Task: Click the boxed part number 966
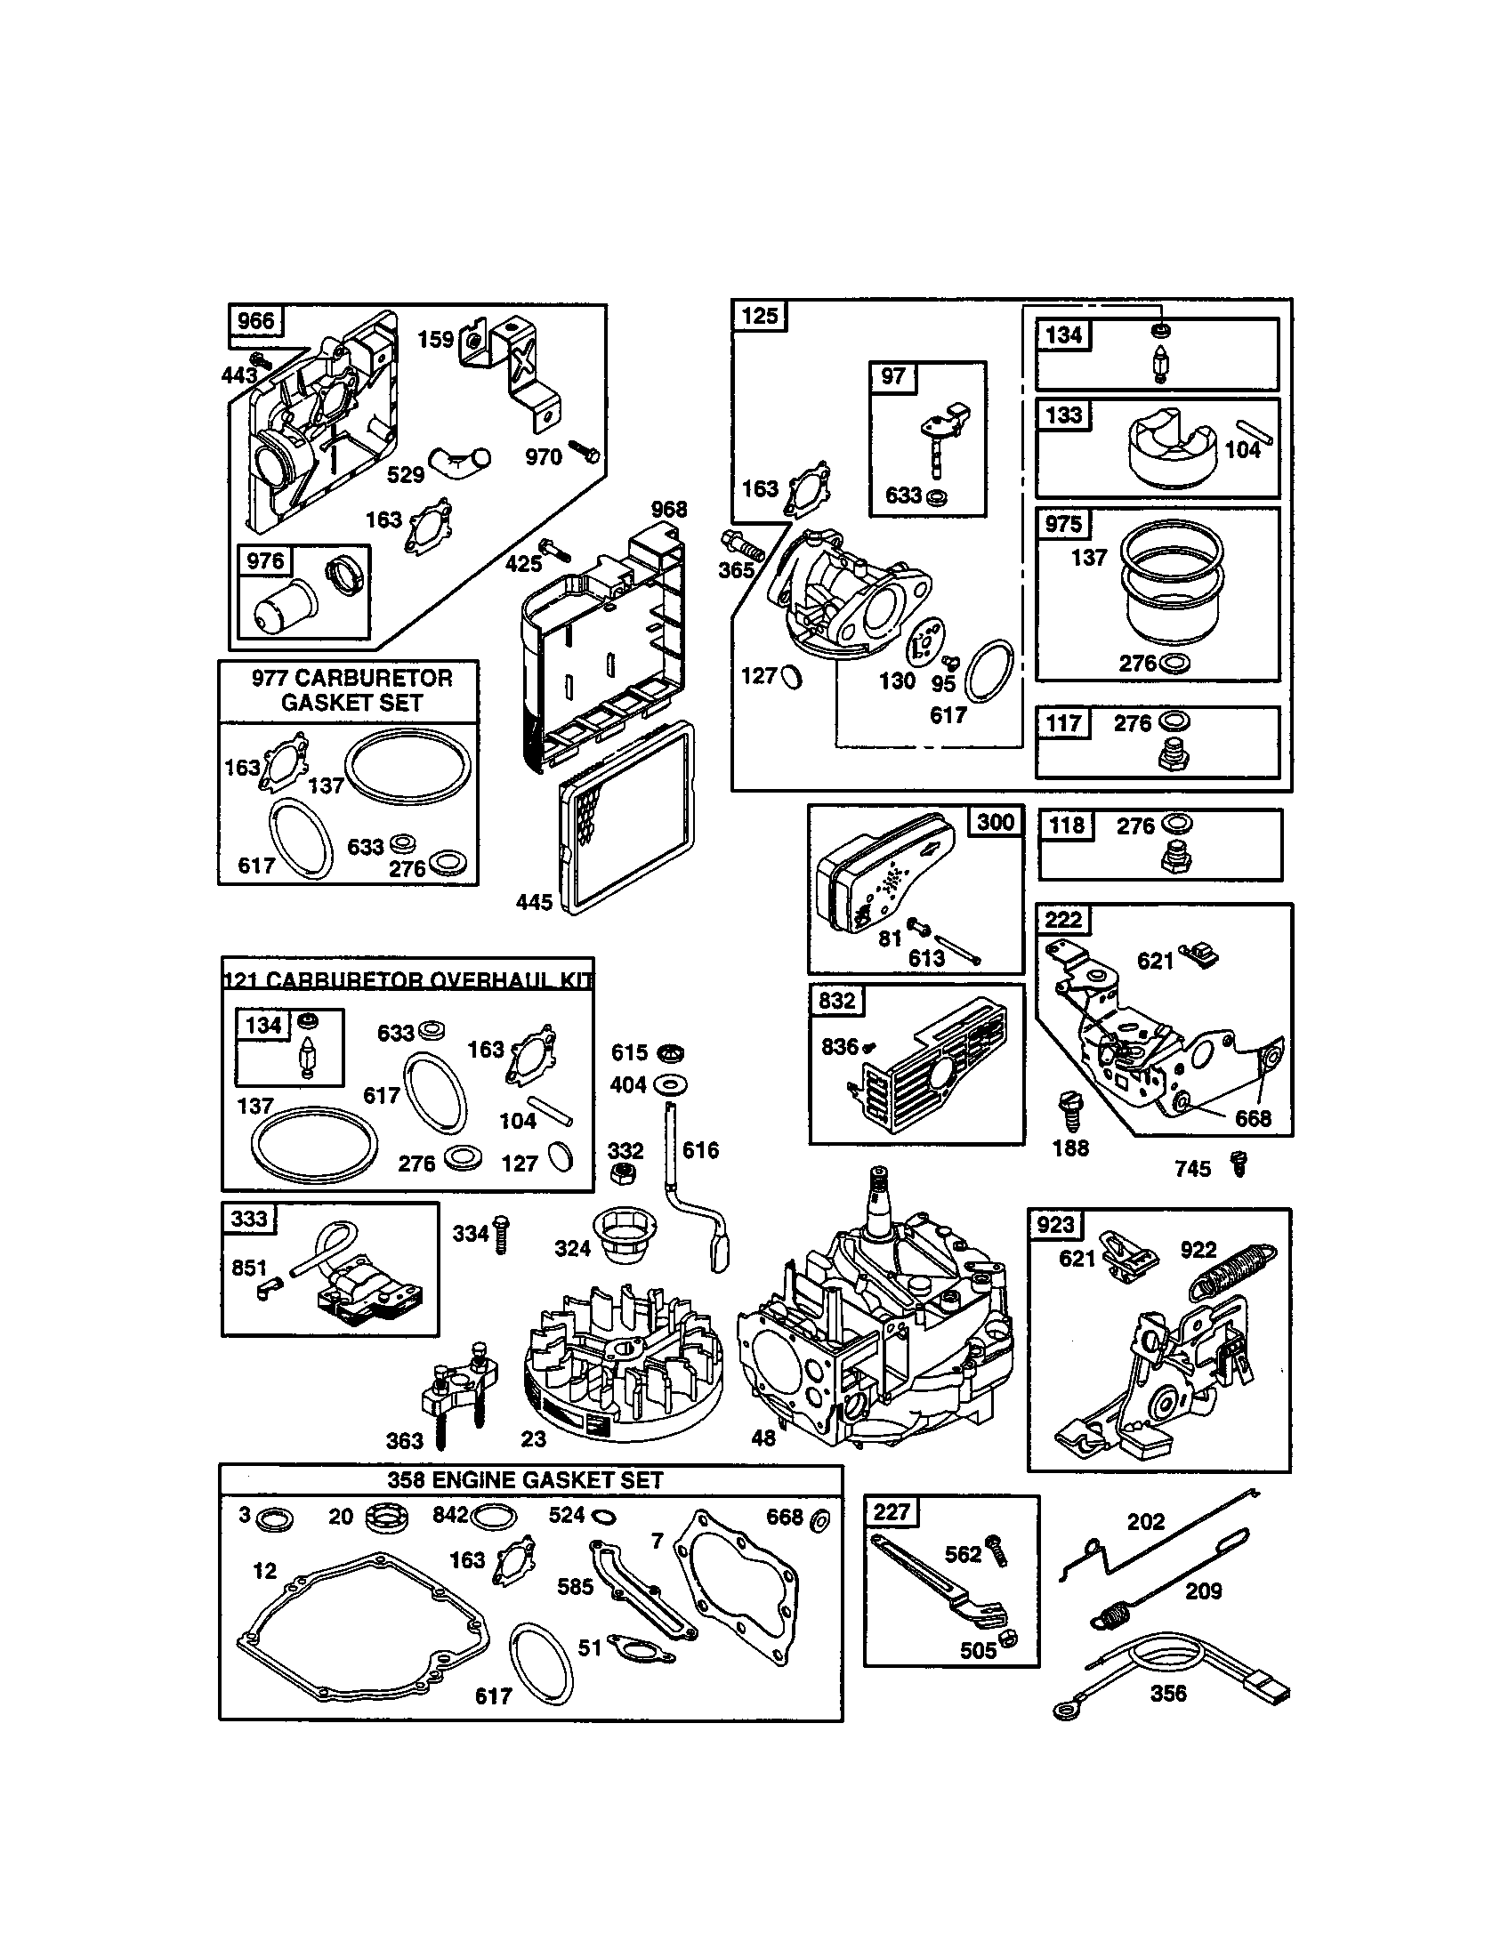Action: pyautogui.click(x=255, y=321)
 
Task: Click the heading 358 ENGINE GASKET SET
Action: pyautogui.click(x=525, y=1480)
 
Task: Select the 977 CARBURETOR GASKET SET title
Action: pyautogui.click(x=351, y=690)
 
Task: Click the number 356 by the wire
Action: pyautogui.click(x=1167, y=1693)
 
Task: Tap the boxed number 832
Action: pyautogui.click(x=837, y=1000)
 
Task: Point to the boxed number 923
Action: pyautogui.click(x=1055, y=1224)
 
